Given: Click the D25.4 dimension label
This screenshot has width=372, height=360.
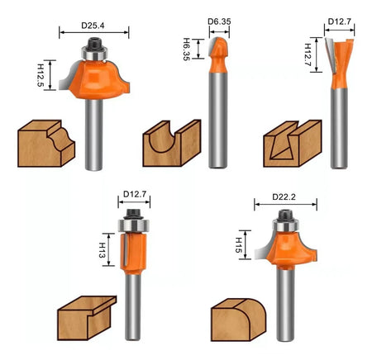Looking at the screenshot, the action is pyautogui.click(x=93, y=26).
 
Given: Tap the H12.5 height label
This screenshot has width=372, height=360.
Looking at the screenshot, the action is pyautogui.click(x=41, y=75).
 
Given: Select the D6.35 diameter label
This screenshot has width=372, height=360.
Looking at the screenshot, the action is pyautogui.click(x=219, y=21).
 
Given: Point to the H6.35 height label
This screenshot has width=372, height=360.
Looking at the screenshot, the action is pyautogui.click(x=187, y=49).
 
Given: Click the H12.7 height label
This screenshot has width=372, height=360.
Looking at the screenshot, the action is pyautogui.click(x=308, y=54).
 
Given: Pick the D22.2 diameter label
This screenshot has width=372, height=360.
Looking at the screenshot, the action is pyautogui.click(x=284, y=197).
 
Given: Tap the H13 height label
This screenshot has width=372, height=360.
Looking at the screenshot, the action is pyautogui.click(x=102, y=250).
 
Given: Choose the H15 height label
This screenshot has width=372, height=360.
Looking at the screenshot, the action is pyautogui.click(x=239, y=245).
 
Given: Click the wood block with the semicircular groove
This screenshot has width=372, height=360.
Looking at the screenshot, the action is pyautogui.click(x=172, y=143).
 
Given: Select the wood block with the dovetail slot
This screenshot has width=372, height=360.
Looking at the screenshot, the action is pyautogui.click(x=293, y=144).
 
